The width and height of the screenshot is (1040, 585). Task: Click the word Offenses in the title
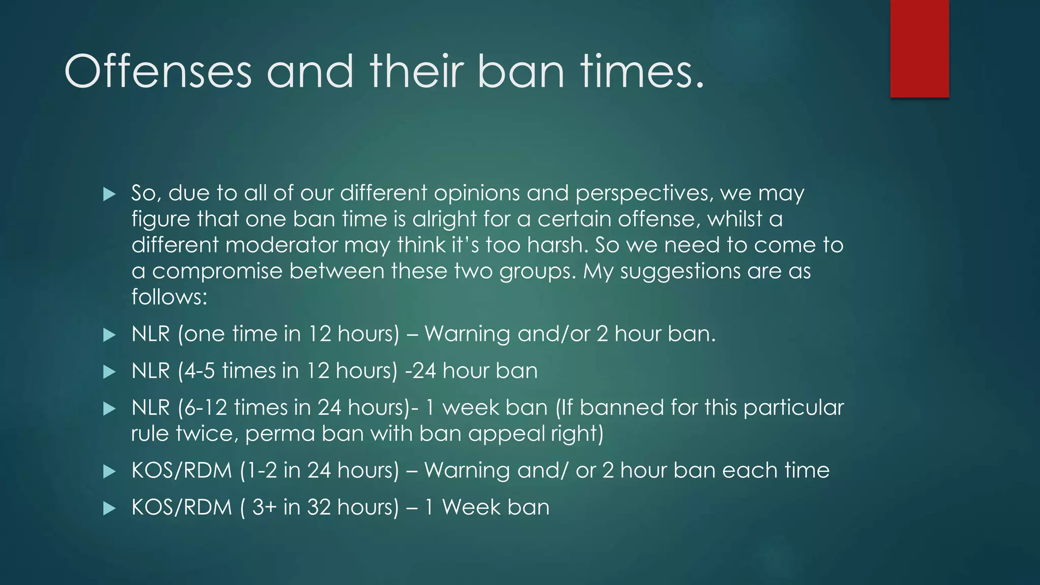coord(158,72)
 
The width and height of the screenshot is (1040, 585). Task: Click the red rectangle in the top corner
coord(919,48)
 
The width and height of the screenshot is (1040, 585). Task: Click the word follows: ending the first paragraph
coord(169,297)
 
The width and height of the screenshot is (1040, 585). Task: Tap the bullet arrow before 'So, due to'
coord(109,194)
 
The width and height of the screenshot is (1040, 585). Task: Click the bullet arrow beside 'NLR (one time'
coord(109,335)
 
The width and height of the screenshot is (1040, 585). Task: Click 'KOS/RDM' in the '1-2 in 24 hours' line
coord(181,470)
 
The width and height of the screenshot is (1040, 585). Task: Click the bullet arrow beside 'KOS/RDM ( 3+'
coord(109,508)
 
